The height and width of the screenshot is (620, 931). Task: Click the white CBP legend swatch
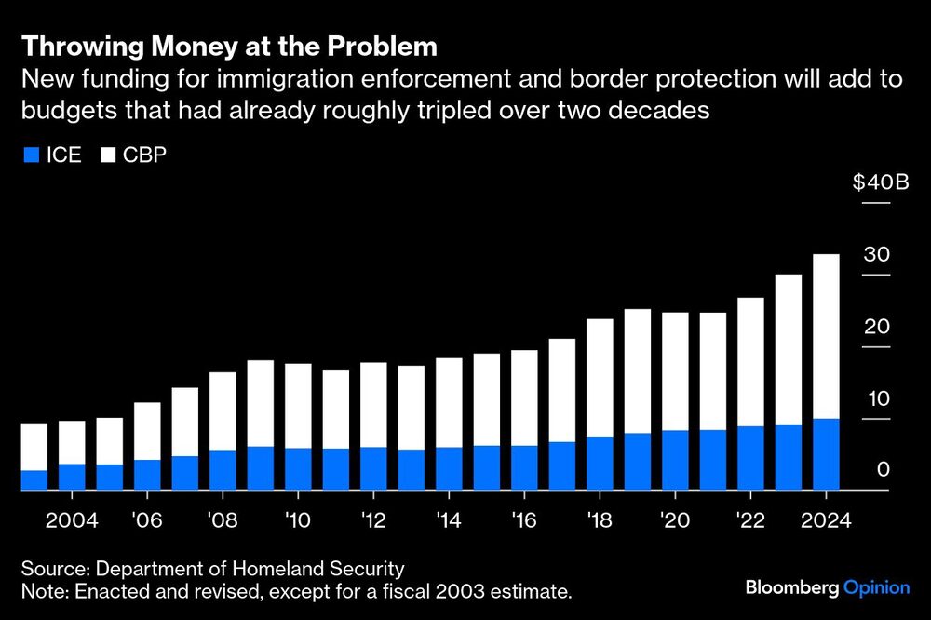(x=107, y=155)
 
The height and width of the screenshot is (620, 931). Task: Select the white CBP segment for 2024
(x=826, y=336)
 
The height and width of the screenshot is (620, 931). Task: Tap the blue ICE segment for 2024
(x=826, y=453)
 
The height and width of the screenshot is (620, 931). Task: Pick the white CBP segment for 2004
(x=72, y=442)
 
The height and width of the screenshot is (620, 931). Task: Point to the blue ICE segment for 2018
(x=600, y=462)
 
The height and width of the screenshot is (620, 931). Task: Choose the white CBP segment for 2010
(x=298, y=406)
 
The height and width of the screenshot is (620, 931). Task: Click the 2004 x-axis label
(x=73, y=519)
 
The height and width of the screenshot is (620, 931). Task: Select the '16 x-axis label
(x=524, y=519)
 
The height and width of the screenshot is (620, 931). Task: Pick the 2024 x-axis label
(x=826, y=519)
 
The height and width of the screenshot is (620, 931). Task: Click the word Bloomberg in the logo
(x=792, y=587)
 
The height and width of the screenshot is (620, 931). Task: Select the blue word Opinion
(x=876, y=587)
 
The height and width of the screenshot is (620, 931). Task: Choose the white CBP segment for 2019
(x=638, y=371)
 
